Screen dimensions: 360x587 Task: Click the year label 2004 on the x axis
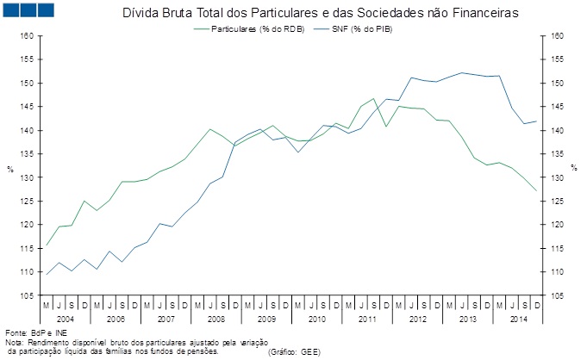pyautogui.click(x=53, y=319)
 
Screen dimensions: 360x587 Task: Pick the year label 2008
pyautogui.click(x=215, y=319)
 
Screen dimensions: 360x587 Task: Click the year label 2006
pyautogui.click(x=116, y=319)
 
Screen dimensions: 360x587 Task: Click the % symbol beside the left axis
pyautogui.click(x=10, y=167)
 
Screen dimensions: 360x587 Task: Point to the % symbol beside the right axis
pyautogui.click(x=572, y=167)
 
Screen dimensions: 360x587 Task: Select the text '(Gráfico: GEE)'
pyautogui.click(x=296, y=351)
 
